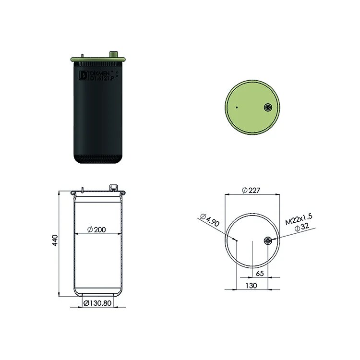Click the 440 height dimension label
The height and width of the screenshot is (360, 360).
(55, 240)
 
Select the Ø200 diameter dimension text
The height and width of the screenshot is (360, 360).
(96, 229)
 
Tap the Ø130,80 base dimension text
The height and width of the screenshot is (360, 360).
(97, 303)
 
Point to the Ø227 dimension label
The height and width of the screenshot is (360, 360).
(251, 190)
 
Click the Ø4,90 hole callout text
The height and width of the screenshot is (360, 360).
(210, 220)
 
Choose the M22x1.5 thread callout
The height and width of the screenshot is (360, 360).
(299, 219)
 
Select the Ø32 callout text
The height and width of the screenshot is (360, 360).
(302, 227)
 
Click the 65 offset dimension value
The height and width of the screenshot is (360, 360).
(260, 274)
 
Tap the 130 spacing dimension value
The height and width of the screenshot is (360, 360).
(251, 286)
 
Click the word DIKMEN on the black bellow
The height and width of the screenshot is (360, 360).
(100, 73)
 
